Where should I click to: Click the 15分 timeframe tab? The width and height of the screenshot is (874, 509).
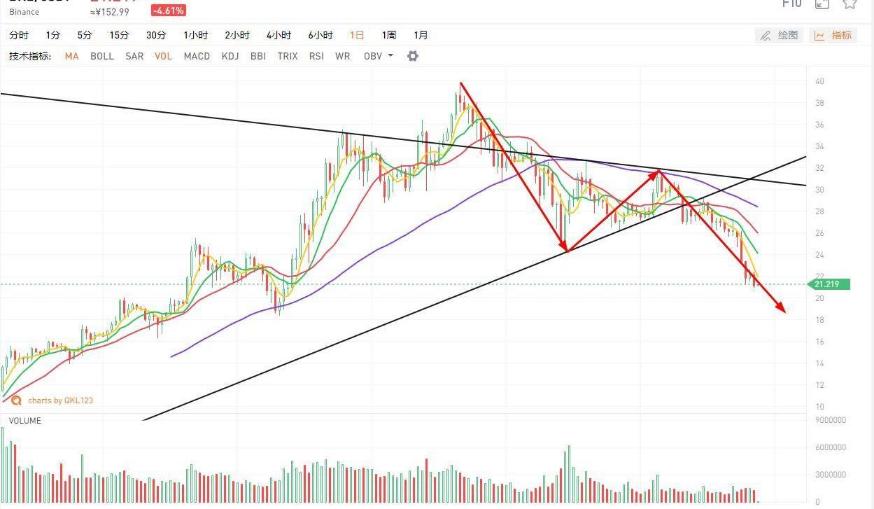[x=119, y=35]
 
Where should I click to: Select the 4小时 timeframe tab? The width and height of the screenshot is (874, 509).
[x=279, y=35]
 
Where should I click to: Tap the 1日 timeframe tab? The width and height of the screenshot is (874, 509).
[x=357, y=35]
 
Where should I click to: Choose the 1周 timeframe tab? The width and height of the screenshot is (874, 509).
[x=389, y=35]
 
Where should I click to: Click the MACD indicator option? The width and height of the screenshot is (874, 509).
[x=197, y=56]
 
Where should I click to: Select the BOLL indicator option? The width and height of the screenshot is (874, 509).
[x=102, y=56]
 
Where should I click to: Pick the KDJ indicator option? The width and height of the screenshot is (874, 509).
[x=230, y=56]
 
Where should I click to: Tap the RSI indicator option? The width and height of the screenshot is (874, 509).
[x=316, y=56]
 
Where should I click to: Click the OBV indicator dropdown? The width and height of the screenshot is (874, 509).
[x=378, y=56]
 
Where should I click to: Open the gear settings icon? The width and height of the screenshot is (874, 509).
[x=413, y=56]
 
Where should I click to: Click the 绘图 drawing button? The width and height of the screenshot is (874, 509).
[x=780, y=35]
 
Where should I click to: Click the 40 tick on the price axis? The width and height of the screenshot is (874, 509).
[x=819, y=81]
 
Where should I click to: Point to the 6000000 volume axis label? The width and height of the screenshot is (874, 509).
[x=831, y=447]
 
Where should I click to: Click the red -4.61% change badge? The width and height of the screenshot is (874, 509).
[x=169, y=11]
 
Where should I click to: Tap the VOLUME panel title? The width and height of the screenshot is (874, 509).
[x=24, y=421]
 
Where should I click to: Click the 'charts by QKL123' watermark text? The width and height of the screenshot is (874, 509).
[x=60, y=400]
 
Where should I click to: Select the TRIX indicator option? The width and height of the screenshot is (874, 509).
[x=287, y=56]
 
